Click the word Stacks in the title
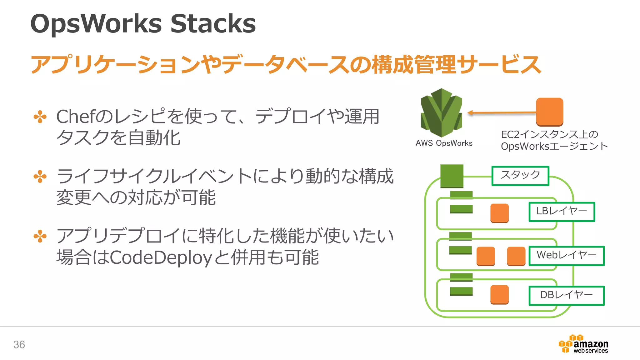213,24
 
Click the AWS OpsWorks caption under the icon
444,143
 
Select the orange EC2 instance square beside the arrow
549,112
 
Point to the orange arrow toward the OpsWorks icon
502,112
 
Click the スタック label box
520,176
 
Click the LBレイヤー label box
562,212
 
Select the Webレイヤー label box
566,256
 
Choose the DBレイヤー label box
566,295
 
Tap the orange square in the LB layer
499,213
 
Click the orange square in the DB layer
499,294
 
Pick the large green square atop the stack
452,176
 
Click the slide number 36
19,344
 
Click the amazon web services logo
583,344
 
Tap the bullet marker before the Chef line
40,117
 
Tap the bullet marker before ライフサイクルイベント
40,177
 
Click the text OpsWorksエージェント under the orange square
554,146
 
